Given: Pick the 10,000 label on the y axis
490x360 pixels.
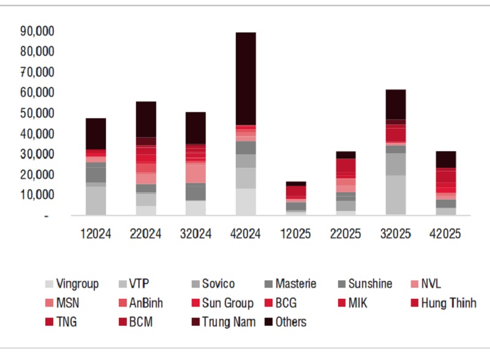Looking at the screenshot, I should click(39, 195).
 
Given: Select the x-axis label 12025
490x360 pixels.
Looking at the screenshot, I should click(296, 234).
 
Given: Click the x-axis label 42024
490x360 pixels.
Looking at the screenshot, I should click(246, 234).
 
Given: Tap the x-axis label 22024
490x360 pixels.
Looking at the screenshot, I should click(146, 234).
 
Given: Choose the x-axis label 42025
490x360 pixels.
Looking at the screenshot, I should click(446, 234).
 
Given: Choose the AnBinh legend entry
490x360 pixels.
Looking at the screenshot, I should click(143, 303).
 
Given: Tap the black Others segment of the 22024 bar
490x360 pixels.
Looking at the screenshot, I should click(146, 119).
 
